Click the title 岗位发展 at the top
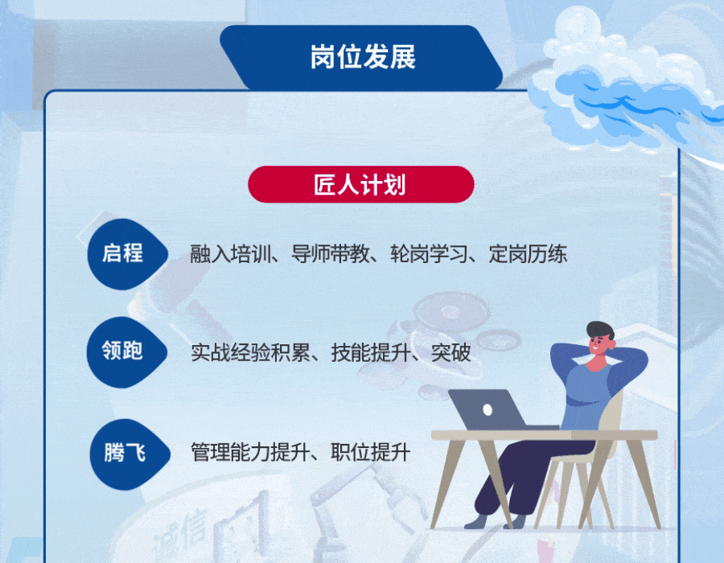tap(363, 57)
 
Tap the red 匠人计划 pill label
tap(361, 184)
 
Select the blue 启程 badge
tap(127, 254)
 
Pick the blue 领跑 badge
tap(126, 351)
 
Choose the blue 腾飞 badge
tap(130, 454)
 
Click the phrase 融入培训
tap(230, 254)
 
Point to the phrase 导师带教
tap(330, 254)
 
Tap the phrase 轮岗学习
tap(429, 254)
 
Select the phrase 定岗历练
tap(528, 254)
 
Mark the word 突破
tap(450, 353)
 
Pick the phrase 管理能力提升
tap(250, 452)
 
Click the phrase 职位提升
tap(370, 452)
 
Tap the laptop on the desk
tap(489, 410)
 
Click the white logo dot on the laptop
tap(487, 409)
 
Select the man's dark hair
tap(600, 331)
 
